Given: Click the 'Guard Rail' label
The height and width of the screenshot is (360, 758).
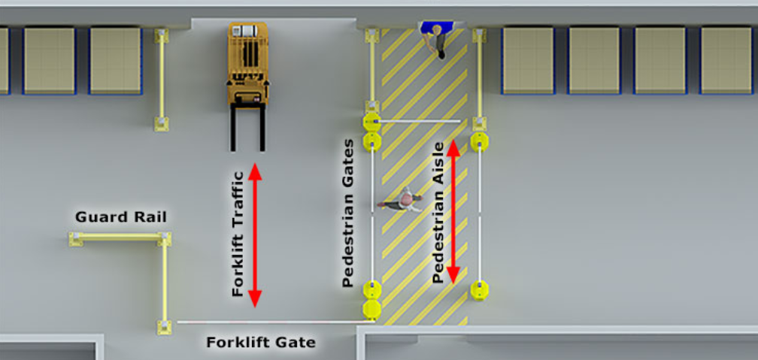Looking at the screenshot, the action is (121, 217).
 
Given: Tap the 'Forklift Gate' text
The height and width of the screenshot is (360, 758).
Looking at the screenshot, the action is (260, 343).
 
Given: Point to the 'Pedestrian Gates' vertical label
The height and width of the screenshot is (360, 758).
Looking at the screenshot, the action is (348, 213).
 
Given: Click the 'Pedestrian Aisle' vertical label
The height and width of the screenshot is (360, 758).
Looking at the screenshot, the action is (438, 213).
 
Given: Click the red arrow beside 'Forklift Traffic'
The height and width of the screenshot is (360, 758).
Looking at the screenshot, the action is (255, 235).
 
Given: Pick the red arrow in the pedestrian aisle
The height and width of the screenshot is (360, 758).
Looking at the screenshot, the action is (453, 211).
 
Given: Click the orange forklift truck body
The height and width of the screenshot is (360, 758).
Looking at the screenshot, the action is (248, 62).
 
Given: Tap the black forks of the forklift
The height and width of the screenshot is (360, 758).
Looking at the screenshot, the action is (247, 127).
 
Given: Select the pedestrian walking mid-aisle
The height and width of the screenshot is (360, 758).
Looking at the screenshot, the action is (401, 200).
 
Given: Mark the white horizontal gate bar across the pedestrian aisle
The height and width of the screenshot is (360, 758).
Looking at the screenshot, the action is (419, 121).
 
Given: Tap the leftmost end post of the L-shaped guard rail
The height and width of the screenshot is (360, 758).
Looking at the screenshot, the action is (75, 239).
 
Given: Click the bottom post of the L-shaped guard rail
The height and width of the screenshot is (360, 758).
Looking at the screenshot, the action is (164, 327).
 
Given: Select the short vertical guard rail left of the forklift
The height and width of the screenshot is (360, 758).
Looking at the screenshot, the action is (162, 80).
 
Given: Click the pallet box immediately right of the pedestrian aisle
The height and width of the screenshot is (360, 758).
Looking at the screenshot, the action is (528, 60).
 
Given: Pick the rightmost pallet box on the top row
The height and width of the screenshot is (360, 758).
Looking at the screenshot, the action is (726, 60).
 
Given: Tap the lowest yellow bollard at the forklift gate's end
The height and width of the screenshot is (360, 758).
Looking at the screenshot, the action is (372, 310).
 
